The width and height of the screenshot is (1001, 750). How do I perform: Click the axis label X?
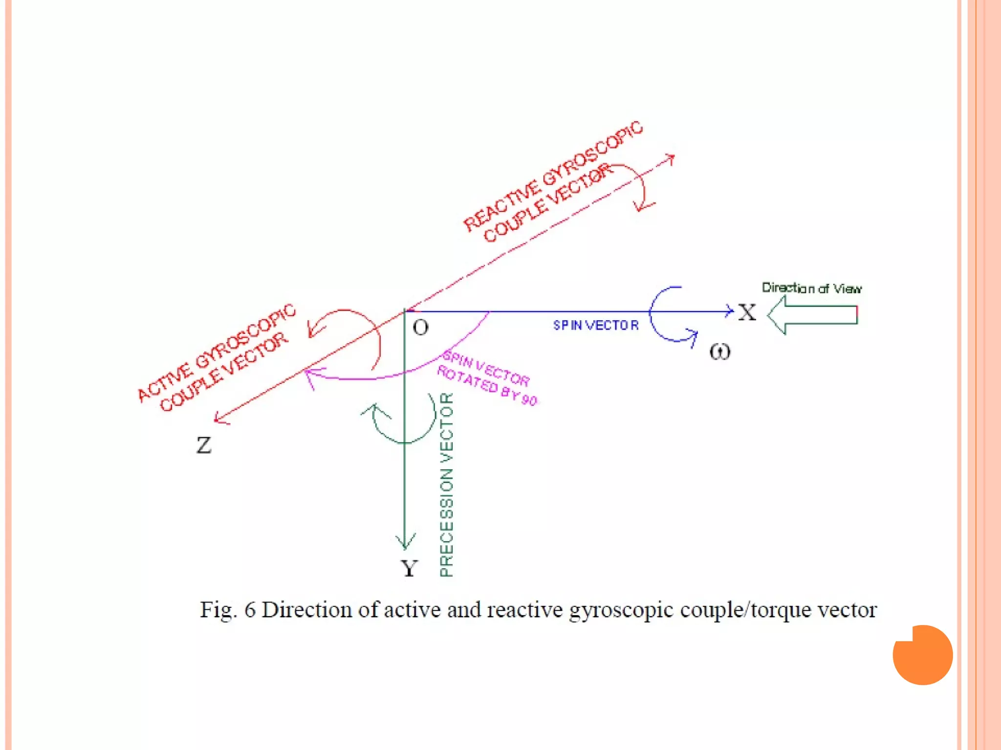click(x=747, y=312)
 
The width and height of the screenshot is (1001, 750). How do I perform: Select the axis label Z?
click(x=204, y=445)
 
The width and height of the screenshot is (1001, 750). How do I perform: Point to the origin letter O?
click(x=420, y=328)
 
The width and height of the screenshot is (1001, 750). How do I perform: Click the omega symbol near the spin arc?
click(x=719, y=352)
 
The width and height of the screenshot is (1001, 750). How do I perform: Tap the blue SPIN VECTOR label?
click(x=595, y=325)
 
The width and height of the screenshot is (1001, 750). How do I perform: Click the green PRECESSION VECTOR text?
click(x=447, y=484)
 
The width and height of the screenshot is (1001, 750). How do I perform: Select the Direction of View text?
click(x=811, y=288)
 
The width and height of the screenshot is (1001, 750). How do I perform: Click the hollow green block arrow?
click(x=812, y=315)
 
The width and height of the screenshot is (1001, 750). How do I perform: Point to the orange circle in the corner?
click(x=922, y=655)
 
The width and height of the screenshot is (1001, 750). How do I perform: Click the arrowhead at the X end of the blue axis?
click(x=730, y=311)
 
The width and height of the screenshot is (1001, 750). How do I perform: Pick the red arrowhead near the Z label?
click(x=220, y=418)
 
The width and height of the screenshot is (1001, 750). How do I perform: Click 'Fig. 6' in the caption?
click(x=228, y=610)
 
